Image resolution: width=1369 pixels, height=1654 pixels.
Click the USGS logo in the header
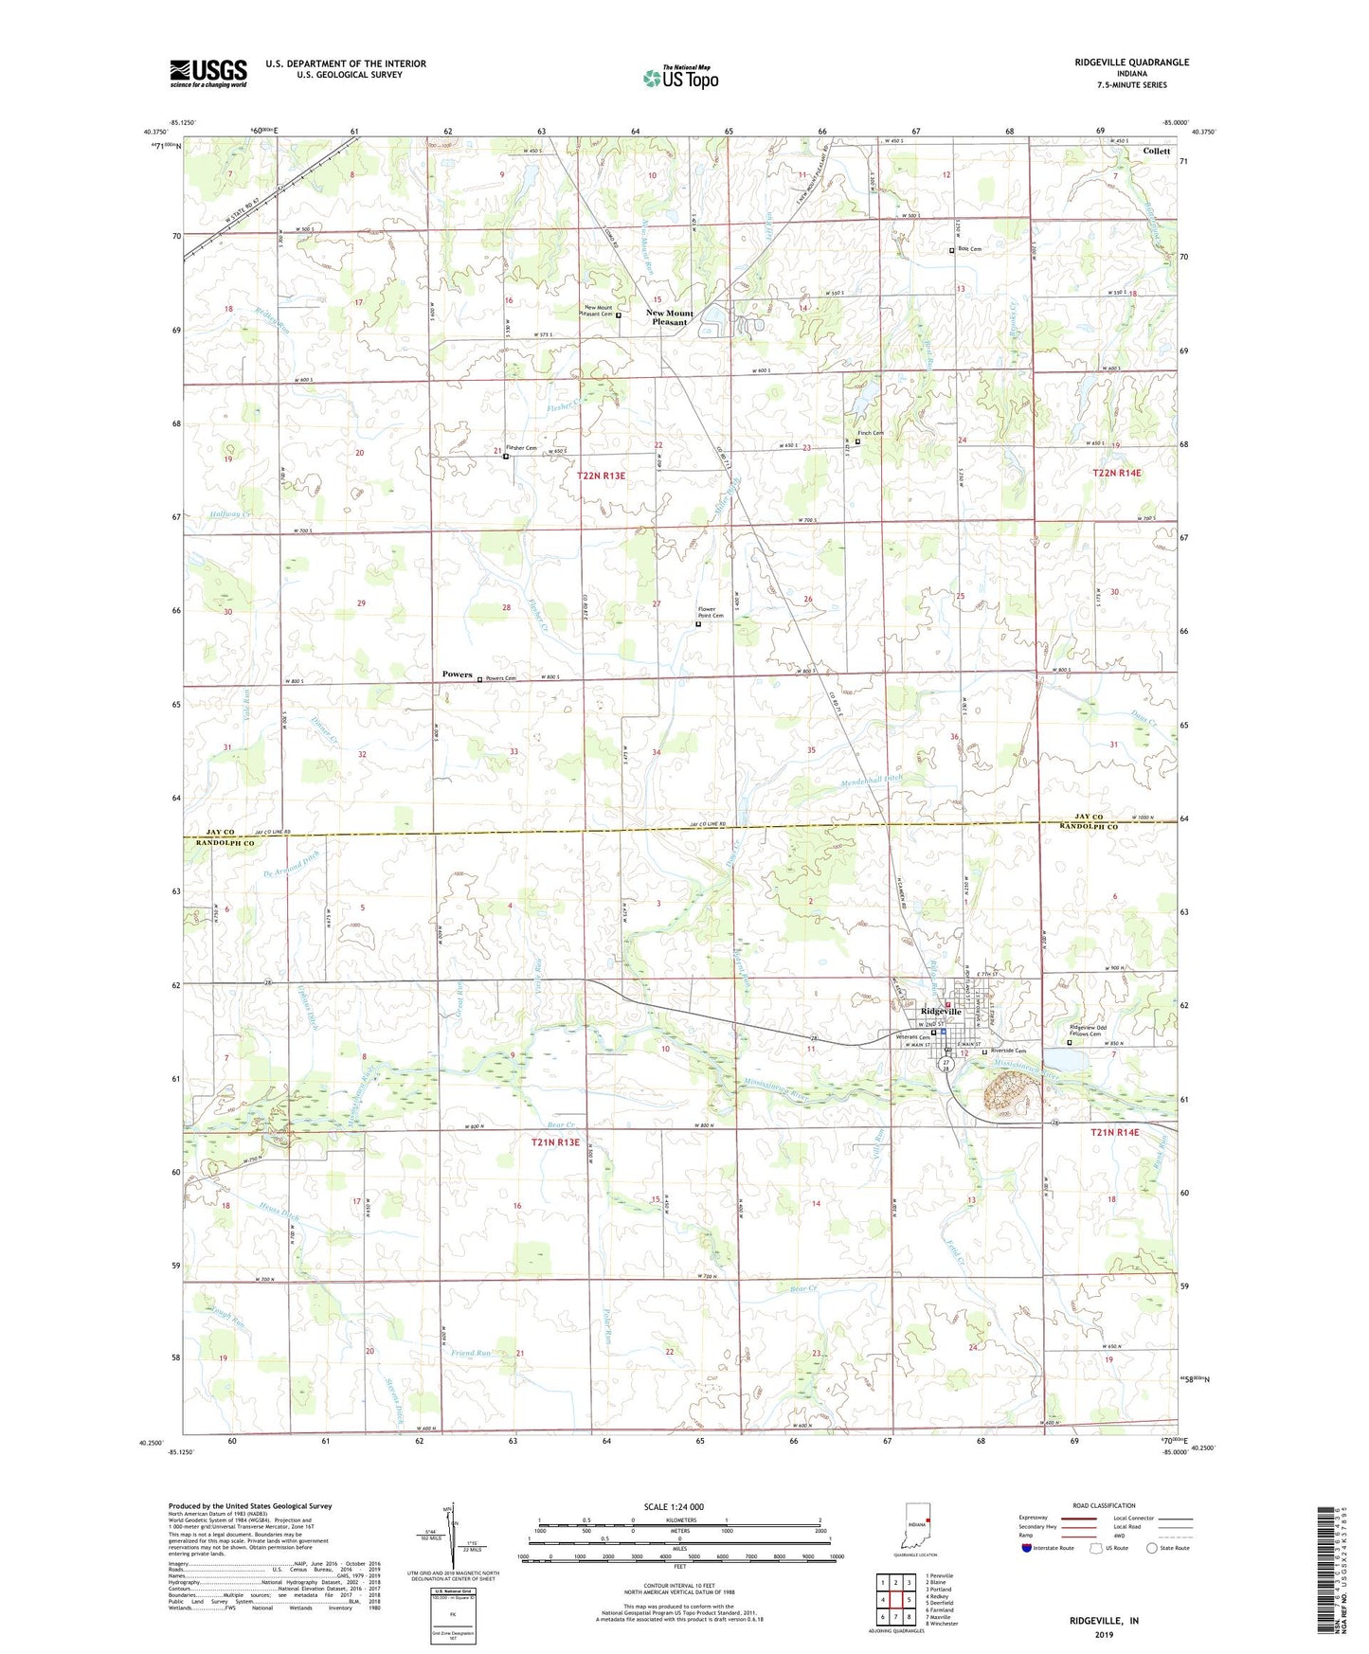[x=208, y=73]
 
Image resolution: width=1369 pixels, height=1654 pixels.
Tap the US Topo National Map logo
[x=680, y=78]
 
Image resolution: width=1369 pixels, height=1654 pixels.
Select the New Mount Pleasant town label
[x=670, y=317]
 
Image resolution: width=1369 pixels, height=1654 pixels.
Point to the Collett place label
[x=1156, y=151]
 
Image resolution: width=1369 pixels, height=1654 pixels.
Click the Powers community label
[x=457, y=674]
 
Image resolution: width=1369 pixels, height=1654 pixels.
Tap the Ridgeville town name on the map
[x=935, y=1012]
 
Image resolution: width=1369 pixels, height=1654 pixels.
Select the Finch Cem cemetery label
[x=870, y=434]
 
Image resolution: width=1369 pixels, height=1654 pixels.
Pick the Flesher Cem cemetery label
[x=521, y=448]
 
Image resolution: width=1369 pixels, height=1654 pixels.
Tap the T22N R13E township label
[x=601, y=476]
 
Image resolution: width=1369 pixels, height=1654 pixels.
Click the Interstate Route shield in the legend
[x=1028, y=1548]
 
